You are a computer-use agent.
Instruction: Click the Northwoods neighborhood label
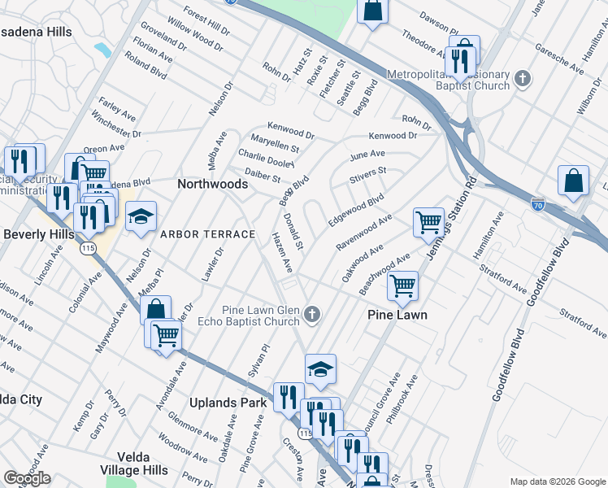coord(212,185)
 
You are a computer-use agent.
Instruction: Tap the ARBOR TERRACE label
coord(207,234)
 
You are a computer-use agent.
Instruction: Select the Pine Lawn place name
coord(397,315)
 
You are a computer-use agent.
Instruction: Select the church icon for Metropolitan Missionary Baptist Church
coord(523,80)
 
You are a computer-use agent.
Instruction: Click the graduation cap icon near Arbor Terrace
coord(141,216)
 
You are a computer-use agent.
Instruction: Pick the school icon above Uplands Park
coord(320,370)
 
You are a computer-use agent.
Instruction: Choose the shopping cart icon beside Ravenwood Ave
coord(428,221)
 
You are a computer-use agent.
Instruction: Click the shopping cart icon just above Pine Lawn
coord(402,285)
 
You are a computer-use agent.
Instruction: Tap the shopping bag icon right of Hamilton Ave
coord(573,181)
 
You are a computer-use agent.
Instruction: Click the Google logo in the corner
coord(27,478)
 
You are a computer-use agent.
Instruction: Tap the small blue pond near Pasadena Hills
coord(102,50)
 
